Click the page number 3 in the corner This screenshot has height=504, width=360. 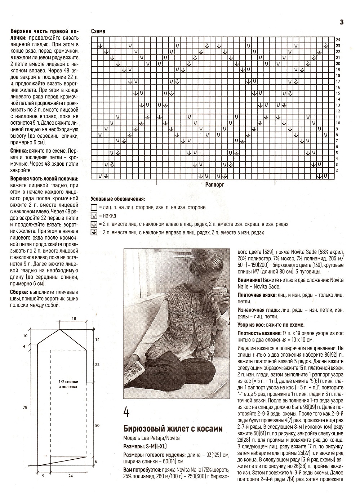tap(342, 22)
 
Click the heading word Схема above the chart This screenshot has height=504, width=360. tap(98, 32)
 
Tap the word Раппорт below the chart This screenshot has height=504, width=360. tap(215, 184)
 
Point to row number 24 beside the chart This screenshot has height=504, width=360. tap(338, 40)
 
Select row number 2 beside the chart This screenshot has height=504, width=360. tap(337, 170)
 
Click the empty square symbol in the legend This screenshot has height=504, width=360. tap(94, 208)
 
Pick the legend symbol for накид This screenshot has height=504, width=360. tap(94, 216)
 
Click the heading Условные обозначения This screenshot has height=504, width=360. tap(117, 199)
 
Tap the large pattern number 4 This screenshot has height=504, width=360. tap(127, 412)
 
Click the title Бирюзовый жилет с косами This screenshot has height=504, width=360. tap(173, 429)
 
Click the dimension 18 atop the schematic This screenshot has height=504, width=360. tap(74, 318)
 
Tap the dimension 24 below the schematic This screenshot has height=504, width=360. tap(70, 476)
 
